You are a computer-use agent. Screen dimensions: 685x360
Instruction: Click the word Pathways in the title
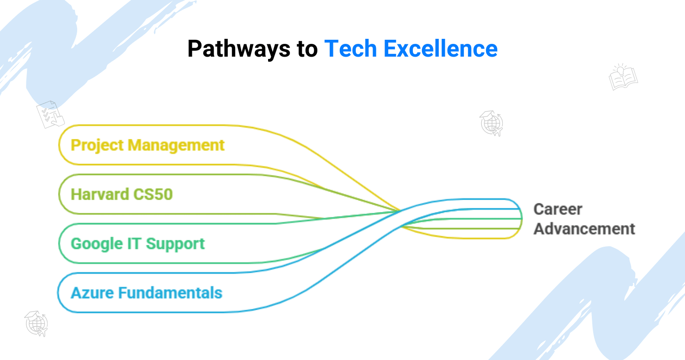[x=239, y=49]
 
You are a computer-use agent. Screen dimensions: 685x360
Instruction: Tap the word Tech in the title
[x=350, y=48]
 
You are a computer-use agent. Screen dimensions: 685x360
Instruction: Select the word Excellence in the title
[x=441, y=48]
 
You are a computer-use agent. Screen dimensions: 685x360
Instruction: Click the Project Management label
[x=148, y=146]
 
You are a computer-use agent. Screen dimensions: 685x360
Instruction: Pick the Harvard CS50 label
[x=122, y=194]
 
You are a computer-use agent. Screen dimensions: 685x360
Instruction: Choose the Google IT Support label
[x=137, y=244]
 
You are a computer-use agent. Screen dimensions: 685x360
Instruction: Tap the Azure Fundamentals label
[x=147, y=293]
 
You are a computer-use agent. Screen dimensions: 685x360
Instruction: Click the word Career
[x=558, y=210]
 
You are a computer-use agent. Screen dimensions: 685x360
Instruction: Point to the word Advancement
[x=584, y=229]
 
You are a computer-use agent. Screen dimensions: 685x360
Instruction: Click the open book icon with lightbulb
[x=623, y=77]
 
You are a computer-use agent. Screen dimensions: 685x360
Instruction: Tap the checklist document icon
[x=50, y=115]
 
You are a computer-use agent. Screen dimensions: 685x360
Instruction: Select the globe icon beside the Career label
[x=491, y=123]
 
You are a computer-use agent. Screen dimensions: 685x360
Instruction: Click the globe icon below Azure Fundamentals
[x=37, y=324]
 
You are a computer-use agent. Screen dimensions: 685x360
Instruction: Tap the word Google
[x=97, y=244]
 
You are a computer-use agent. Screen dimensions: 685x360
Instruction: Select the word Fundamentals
[x=170, y=293]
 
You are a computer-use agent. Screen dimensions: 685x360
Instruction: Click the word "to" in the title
[x=307, y=49]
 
